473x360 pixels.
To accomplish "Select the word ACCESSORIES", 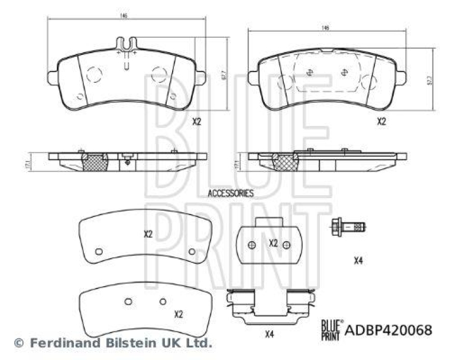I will pyautogui.click(x=231, y=193).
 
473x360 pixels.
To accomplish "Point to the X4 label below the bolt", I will pyautogui.click(x=358, y=261).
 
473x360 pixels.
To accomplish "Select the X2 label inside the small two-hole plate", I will pyautogui.click(x=273, y=243).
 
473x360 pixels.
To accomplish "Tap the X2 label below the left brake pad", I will pyautogui.click(x=197, y=122).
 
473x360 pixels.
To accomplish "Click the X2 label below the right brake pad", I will pyautogui.click(x=381, y=122).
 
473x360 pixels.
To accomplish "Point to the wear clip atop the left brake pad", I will pyautogui.click(x=127, y=48).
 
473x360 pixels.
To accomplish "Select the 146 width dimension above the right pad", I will pyautogui.click(x=325, y=28).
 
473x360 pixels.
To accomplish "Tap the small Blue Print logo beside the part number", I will pyautogui.click(x=331, y=326).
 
